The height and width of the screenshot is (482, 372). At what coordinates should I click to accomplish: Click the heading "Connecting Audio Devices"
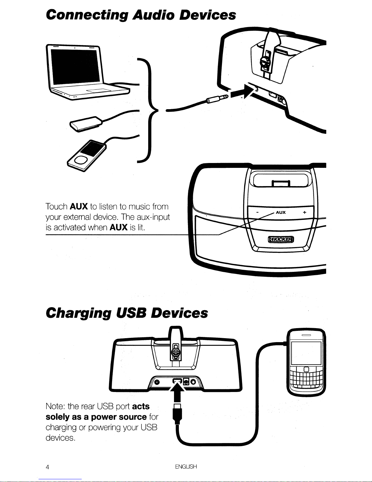tap(141, 15)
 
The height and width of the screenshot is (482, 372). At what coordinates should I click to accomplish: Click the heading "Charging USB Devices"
tap(127, 313)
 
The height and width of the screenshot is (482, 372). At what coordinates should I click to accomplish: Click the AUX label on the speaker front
tap(281, 212)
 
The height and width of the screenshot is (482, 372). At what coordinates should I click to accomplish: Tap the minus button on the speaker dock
tap(257, 213)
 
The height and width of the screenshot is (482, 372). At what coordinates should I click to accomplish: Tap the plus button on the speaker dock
tap(304, 213)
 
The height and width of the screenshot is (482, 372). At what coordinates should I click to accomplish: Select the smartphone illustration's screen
tap(306, 353)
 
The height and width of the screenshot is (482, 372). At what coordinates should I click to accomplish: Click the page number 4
tap(48, 467)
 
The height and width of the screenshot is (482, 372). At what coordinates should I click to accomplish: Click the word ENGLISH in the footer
tap(186, 466)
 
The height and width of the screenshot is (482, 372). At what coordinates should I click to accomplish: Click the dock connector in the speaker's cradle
tap(281, 183)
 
